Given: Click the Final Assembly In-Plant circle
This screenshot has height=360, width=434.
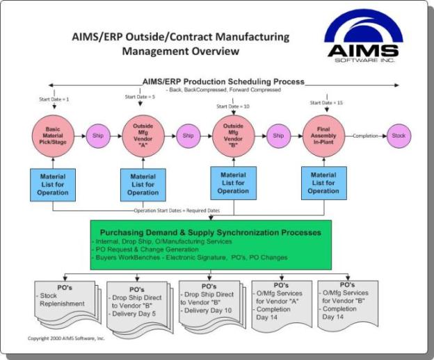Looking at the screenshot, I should click(323, 136).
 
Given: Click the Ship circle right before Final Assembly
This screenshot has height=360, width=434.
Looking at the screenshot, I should click(278, 136).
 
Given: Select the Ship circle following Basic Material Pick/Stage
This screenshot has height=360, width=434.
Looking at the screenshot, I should click(97, 136).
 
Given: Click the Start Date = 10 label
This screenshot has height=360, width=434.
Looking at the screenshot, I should click(233, 106).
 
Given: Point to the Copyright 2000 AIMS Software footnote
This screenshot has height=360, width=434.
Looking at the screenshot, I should click(66, 338).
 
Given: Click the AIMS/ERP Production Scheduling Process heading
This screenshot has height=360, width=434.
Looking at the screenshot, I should click(223, 81).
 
